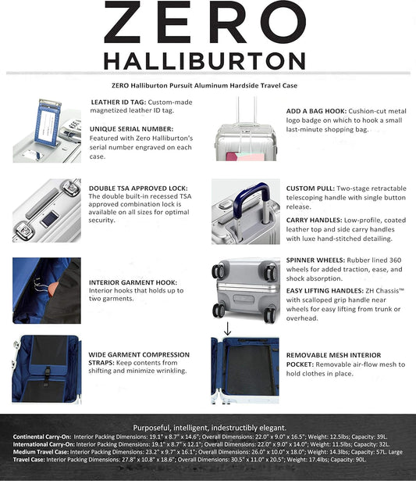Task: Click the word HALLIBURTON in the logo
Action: [208, 60]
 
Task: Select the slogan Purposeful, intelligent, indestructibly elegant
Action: [208, 427]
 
